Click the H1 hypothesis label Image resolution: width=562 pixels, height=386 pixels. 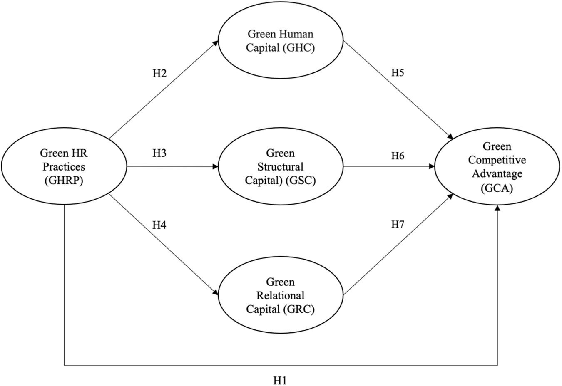coord(280,380)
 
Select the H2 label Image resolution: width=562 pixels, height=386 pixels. coord(159,74)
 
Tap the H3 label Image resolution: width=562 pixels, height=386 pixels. coord(159,153)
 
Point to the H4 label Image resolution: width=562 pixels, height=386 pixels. coord(159,225)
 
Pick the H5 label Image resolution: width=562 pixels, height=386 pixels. coord(398,73)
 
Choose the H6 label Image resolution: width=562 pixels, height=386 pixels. coord(398,156)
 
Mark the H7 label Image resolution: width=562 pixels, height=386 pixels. coord(398,225)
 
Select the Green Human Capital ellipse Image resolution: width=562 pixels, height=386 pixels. coord(280,41)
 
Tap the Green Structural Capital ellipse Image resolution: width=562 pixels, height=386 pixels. coord(280,167)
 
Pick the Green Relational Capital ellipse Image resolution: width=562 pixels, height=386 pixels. coord(280,296)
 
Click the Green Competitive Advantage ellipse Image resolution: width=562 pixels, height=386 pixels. coord(497,167)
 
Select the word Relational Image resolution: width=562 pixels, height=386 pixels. coord(280,296)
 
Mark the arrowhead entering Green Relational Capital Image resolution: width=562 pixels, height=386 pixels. coord(216,294)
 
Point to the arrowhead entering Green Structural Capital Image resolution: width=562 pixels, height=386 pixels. coord(215,167)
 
